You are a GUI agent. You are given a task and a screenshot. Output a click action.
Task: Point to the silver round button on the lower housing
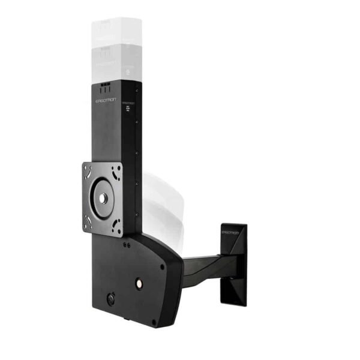(x=139, y=282)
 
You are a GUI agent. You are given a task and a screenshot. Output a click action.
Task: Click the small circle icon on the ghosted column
(x=130, y=71)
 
